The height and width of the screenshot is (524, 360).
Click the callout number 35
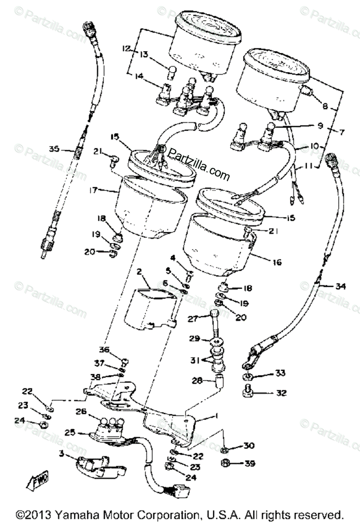pos(54,149)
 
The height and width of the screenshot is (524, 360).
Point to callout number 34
pos(340,286)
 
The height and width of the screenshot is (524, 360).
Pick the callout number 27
pos(192,319)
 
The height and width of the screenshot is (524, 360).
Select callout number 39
pos(249,464)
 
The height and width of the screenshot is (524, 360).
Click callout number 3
pos(62,454)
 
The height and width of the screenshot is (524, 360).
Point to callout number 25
pos(68,433)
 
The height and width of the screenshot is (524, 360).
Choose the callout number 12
pos(127,49)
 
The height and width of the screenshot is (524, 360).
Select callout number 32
pos(281,393)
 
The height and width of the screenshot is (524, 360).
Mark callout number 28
pos(197,381)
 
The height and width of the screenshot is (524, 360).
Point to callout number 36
pos(104,349)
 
